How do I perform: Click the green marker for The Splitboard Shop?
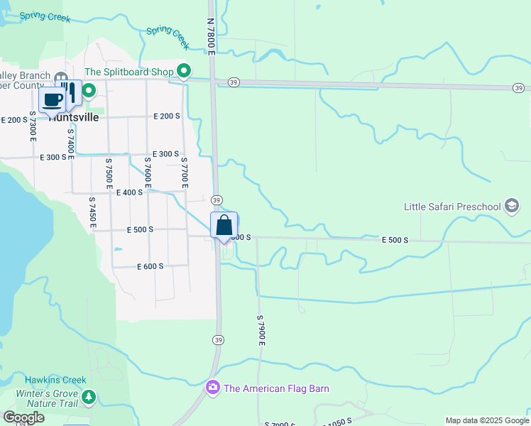[184, 70]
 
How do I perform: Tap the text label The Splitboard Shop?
[129, 72]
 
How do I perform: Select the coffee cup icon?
[52, 100]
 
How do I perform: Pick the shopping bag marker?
[224, 226]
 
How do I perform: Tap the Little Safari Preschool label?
[452, 207]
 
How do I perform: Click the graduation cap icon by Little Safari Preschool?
[511, 207]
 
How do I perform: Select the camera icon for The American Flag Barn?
[212, 388]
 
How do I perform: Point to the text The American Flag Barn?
[276, 388]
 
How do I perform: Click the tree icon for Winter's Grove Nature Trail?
[88, 397]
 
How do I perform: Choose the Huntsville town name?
[74, 118]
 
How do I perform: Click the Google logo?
[23, 417]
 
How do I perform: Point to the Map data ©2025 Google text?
[486, 420]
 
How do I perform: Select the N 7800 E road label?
[211, 34]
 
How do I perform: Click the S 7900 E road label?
[261, 329]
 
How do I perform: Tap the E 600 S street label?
[150, 266]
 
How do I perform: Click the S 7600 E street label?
[148, 173]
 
